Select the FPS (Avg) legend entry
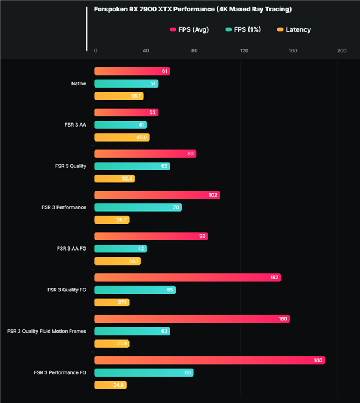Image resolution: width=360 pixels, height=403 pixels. (x=190, y=29)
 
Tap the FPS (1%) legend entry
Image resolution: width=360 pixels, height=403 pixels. (x=247, y=29)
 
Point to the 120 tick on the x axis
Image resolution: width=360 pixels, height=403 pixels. (x=244, y=50)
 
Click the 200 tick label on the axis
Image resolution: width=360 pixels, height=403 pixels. (x=342, y=50)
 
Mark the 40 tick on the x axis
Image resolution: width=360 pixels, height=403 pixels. (x=145, y=50)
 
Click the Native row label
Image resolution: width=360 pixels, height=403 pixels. (x=79, y=83)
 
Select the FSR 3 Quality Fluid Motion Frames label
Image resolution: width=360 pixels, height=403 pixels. (x=47, y=331)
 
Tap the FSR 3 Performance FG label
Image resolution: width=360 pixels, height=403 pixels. (x=60, y=372)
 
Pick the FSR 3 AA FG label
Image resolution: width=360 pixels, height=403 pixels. (x=71, y=248)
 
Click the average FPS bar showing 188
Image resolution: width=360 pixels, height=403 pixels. (x=209, y=360)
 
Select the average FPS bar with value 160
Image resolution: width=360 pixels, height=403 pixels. (x=192, y=319)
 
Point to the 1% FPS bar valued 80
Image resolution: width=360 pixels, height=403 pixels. (x=144, y=372)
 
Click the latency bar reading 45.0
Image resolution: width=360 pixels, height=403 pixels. (x=122, y=137)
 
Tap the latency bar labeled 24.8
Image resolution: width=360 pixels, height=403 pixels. (x=110, y=385)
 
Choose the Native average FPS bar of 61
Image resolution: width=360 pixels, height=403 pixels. (x=132, y=71)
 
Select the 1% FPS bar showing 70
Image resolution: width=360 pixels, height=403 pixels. (x=138, y=207)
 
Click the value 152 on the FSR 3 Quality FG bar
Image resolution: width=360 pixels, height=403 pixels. (x=274, y=278)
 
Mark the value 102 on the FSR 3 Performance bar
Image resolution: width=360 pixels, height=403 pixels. (x=212, y=195)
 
